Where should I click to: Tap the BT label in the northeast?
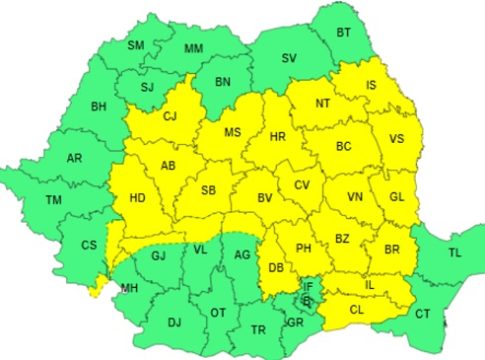[x=344, y=33]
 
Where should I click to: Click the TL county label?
[x=455, y=253]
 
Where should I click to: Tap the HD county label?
[x=137, y=198]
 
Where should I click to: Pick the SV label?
[x=289, y=58]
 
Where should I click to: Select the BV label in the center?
[x=265, y=199]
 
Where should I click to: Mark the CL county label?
[x=357, y=309]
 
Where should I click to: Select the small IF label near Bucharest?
[x=308, y=287]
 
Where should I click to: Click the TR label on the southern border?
[x=258, y=330]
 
